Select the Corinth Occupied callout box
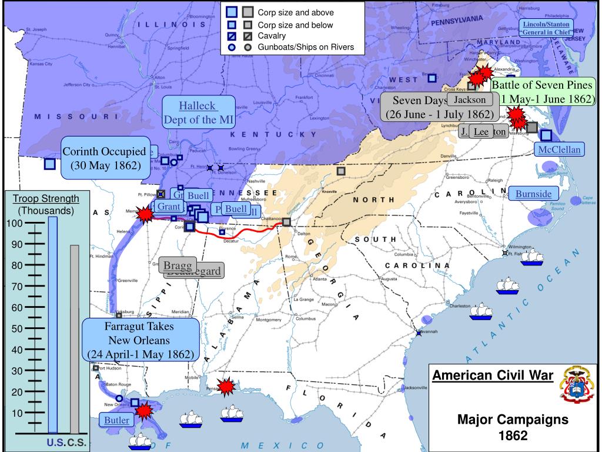pos(104,158)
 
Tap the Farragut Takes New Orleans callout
pos(140,340)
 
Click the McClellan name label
pos(560,149)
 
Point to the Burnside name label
pos(533,194)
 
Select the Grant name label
pos(169,207)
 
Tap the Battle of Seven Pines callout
pos(543,91)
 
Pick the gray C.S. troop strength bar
pos(74,339)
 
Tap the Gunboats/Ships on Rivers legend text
pos(306,47)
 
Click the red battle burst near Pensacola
pos(226,387)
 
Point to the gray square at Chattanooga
pos(286,222)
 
